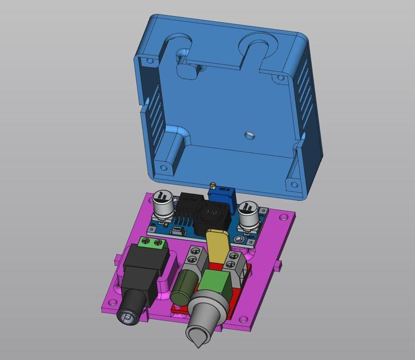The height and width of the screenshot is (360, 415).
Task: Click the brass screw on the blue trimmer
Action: (212, 186)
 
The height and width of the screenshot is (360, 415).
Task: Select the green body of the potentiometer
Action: (218, 284)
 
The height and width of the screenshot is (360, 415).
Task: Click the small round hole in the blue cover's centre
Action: (250, 135)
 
